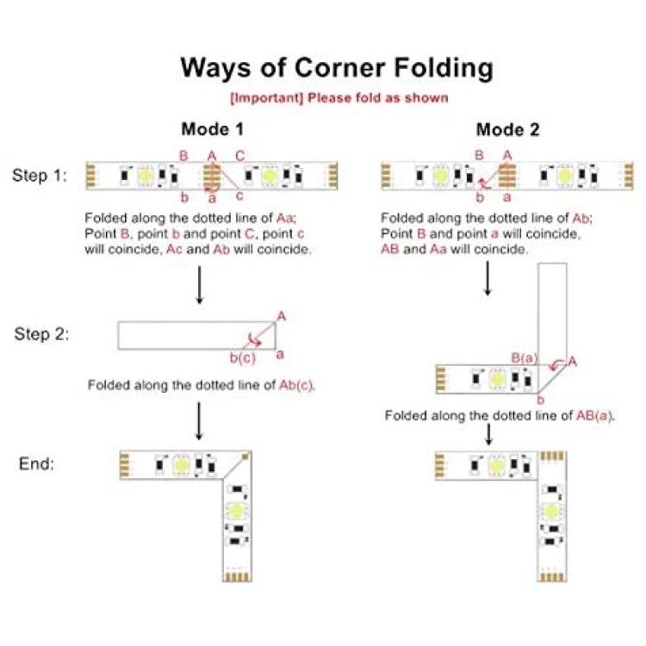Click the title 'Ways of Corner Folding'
pos(337,67)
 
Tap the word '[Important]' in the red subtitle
pos(266,98)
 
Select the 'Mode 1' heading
pos(212,129)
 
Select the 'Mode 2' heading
pos(507,129)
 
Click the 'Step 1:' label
pos(40,176)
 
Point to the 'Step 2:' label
pos(41,333)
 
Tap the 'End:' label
pos(36,463)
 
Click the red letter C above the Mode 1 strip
pos(239,156)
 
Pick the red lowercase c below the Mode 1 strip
pos(239,196)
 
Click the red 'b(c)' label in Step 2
pos(243,357)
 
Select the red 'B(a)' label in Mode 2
pos(525,358)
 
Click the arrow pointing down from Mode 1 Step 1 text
pos(200,285)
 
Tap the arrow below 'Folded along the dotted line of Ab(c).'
pos(199,421)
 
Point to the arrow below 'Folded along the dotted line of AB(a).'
pos(488,434)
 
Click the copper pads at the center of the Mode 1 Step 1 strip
pos(212,177)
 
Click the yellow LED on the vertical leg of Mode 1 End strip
pos(237,511)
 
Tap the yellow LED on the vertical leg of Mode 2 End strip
pos(551,512)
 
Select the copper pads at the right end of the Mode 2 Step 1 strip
pos(629,176)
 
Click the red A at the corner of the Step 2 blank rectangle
pos(282,316)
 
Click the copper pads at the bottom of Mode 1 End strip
pos(238,576)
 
